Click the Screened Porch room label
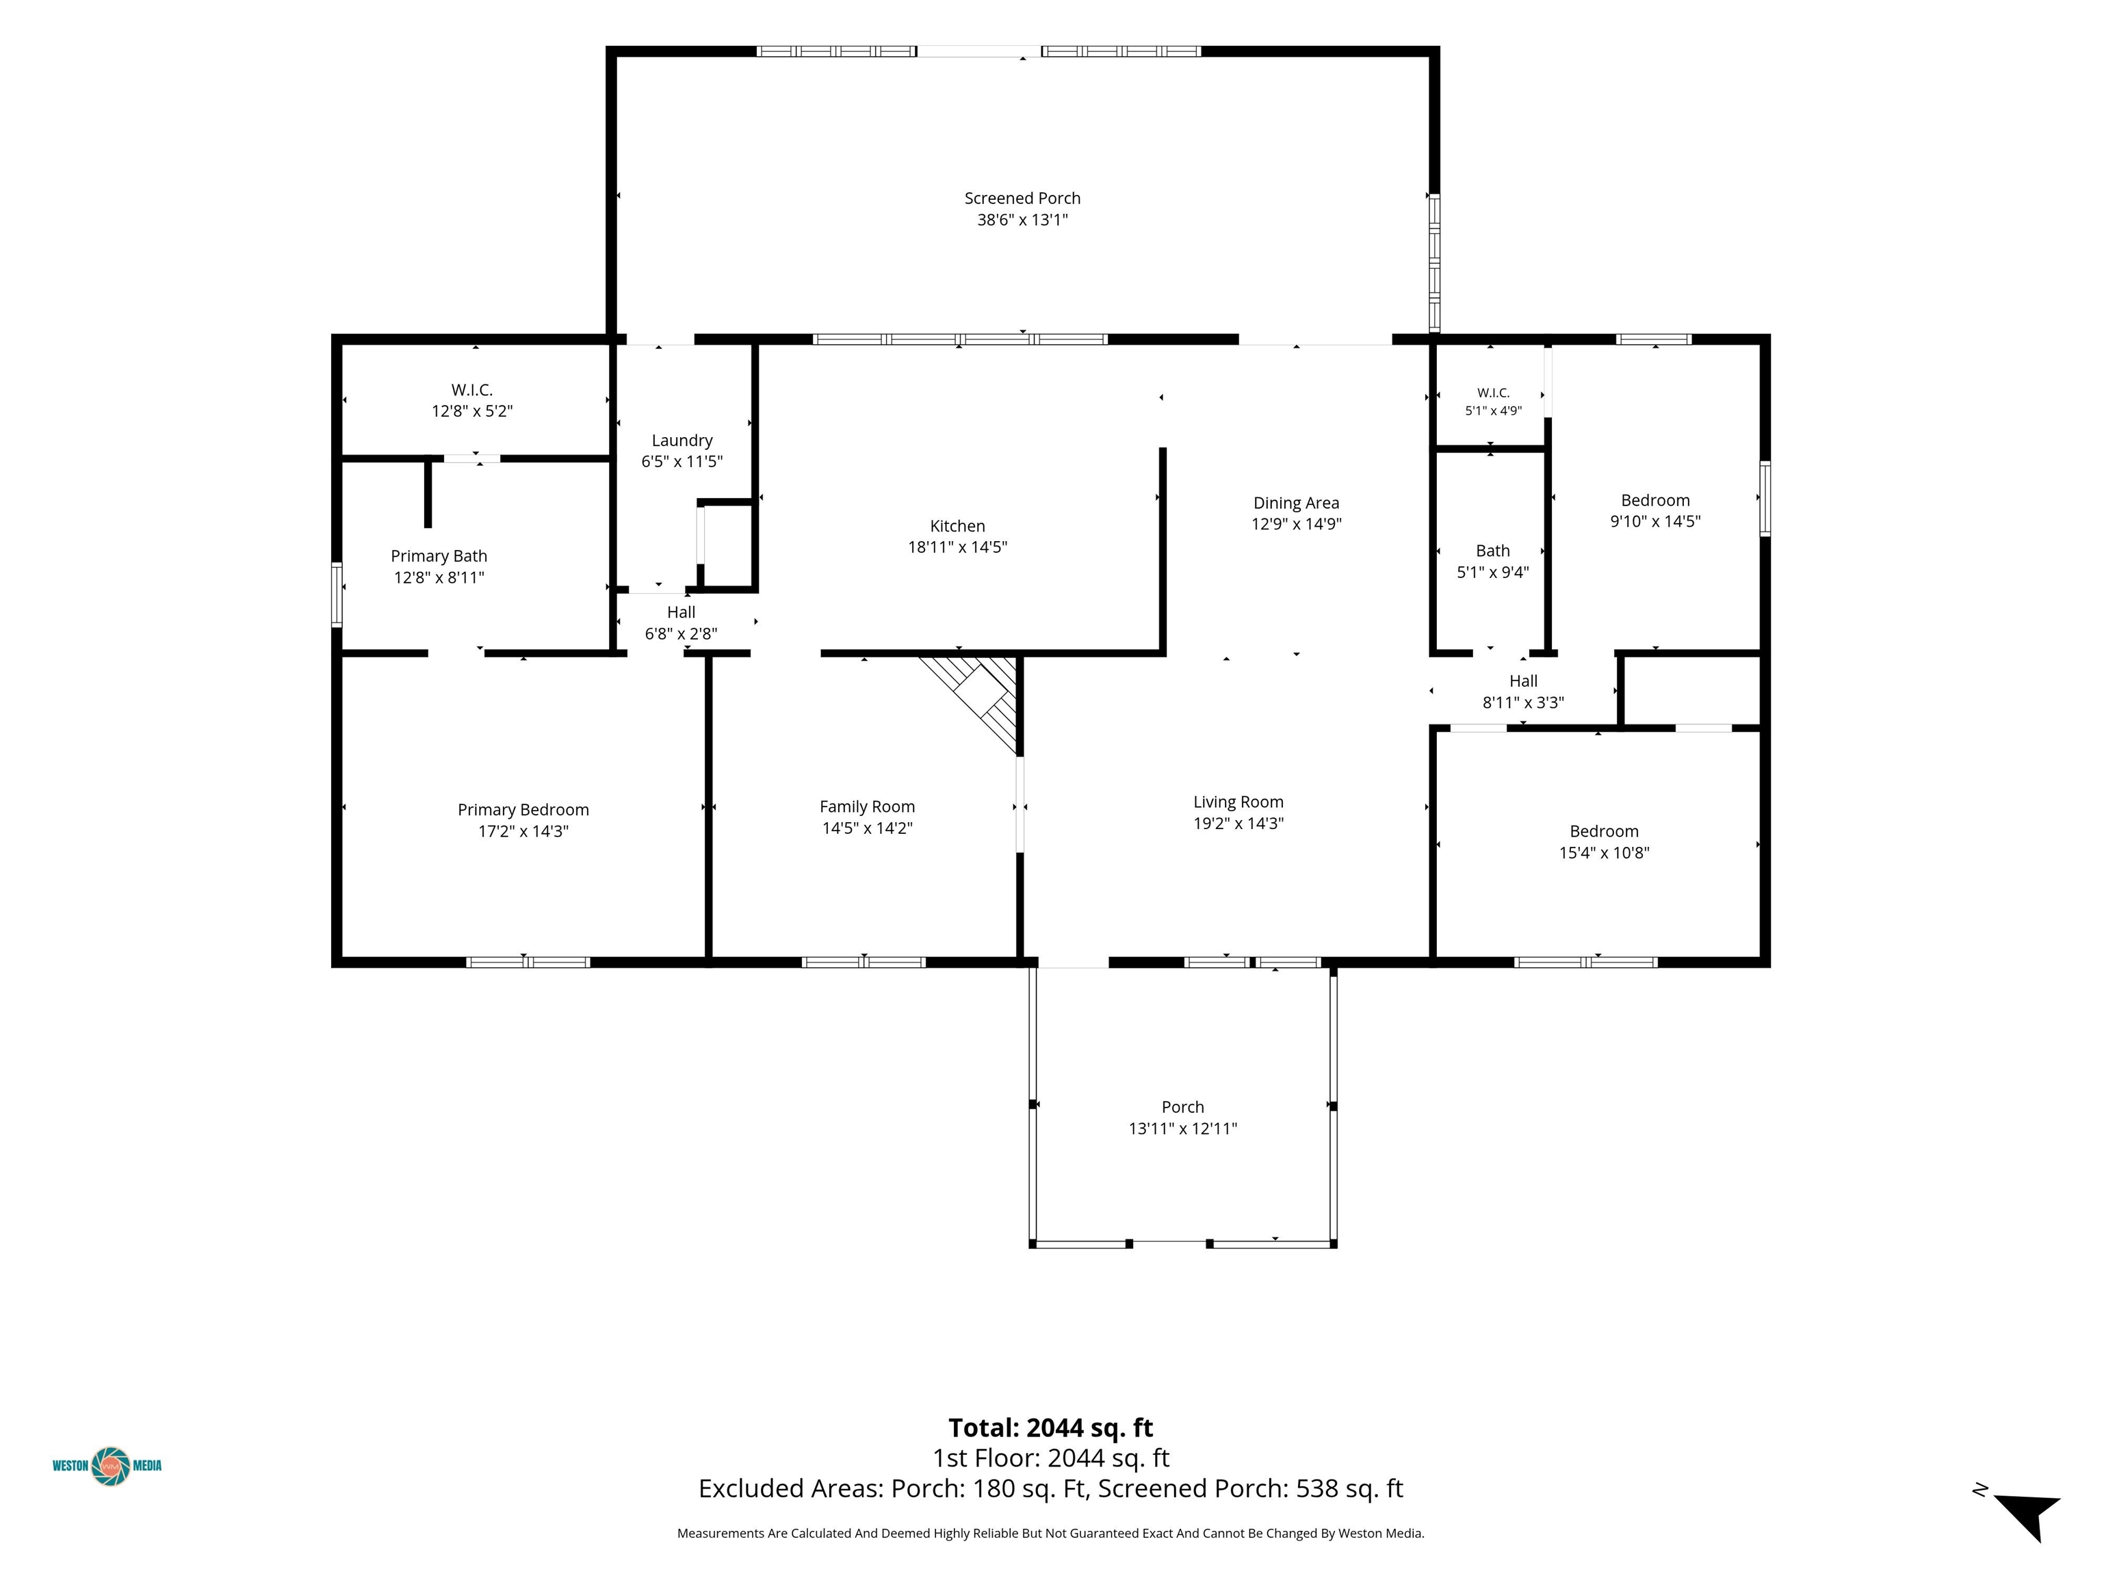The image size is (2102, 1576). click(x=1022, y=198)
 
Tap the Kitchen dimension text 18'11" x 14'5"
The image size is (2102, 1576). click(x=957, y=547)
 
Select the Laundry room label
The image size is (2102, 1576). click(x=682, y=441)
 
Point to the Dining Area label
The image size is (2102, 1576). click(x=1296, y=503)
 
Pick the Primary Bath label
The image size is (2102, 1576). click(x=439, y=557)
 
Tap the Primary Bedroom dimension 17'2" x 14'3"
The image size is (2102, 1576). click(x=523, y=831)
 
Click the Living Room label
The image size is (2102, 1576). click(x=1238, y=803)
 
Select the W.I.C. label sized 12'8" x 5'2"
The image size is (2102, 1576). click(x=472, y=391)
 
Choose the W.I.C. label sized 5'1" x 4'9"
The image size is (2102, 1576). click(x=1493, y=393)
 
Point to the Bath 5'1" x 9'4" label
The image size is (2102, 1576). click(x=1493, y=551)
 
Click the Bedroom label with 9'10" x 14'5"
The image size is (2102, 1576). click(x=1655, y=501)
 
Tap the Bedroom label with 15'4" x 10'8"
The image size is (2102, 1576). click(x=1604, y=831)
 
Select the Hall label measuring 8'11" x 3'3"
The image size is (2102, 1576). click(x=1523, y=681)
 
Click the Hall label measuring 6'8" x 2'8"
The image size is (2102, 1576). click(x=682, y=613)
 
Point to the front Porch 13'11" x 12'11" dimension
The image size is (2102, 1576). click(x=1183, y=1129)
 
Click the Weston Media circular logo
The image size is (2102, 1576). click(x=111, y=1466)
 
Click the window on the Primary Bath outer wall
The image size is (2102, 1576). click(x=337, y=594)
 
